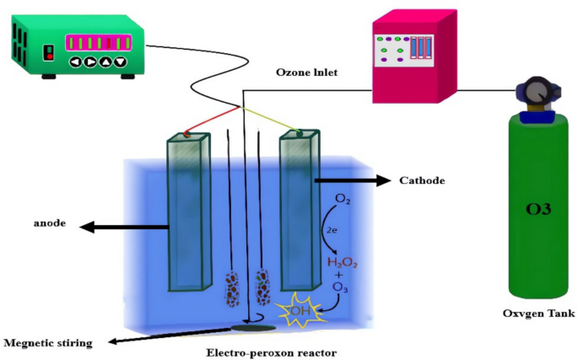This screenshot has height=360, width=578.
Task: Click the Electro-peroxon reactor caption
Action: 266,348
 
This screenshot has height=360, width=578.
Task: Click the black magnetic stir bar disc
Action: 252,326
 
